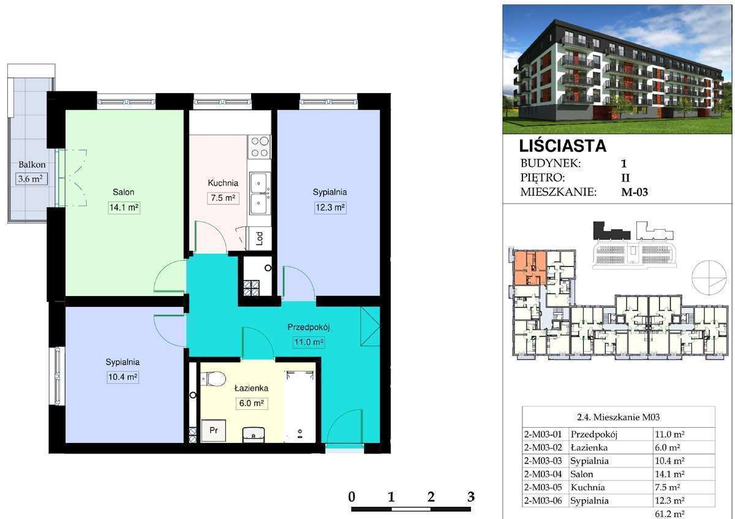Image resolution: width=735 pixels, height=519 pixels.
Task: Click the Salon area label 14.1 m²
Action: pos(124,208)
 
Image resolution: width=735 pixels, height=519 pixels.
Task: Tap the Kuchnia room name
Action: pos(223,183)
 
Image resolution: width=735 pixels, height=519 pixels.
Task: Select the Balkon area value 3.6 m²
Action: pos(31,179)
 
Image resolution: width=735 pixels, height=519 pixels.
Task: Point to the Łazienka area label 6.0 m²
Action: pos(252,403)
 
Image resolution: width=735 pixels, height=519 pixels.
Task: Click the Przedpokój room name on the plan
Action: pos(309,327)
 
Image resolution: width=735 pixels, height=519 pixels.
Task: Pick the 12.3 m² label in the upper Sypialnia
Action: pos(330,208)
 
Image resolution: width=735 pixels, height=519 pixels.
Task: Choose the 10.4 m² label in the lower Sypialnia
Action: pos(123,377)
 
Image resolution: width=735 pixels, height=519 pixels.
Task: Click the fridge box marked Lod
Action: pos(260,238)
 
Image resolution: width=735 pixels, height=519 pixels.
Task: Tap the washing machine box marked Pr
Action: pos(213,430)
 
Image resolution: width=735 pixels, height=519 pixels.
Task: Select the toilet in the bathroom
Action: pos(213,379)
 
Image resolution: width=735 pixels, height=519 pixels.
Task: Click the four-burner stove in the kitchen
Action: pos(260,146)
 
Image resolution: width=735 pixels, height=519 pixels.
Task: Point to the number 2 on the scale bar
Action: pos(431,497)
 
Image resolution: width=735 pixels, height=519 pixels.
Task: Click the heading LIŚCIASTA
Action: pos(563,146)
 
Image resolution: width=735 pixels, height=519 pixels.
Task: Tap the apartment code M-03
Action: pos(635,192)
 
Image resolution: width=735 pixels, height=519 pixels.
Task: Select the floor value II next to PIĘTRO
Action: pos(625,178)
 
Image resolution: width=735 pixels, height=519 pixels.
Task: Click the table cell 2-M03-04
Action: pos(543,474)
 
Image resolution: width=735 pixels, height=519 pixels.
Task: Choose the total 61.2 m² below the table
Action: pos(669,513)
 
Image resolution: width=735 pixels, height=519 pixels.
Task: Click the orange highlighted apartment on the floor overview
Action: pos(529,268)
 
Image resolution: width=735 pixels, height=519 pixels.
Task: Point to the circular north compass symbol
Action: pos(709,278)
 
